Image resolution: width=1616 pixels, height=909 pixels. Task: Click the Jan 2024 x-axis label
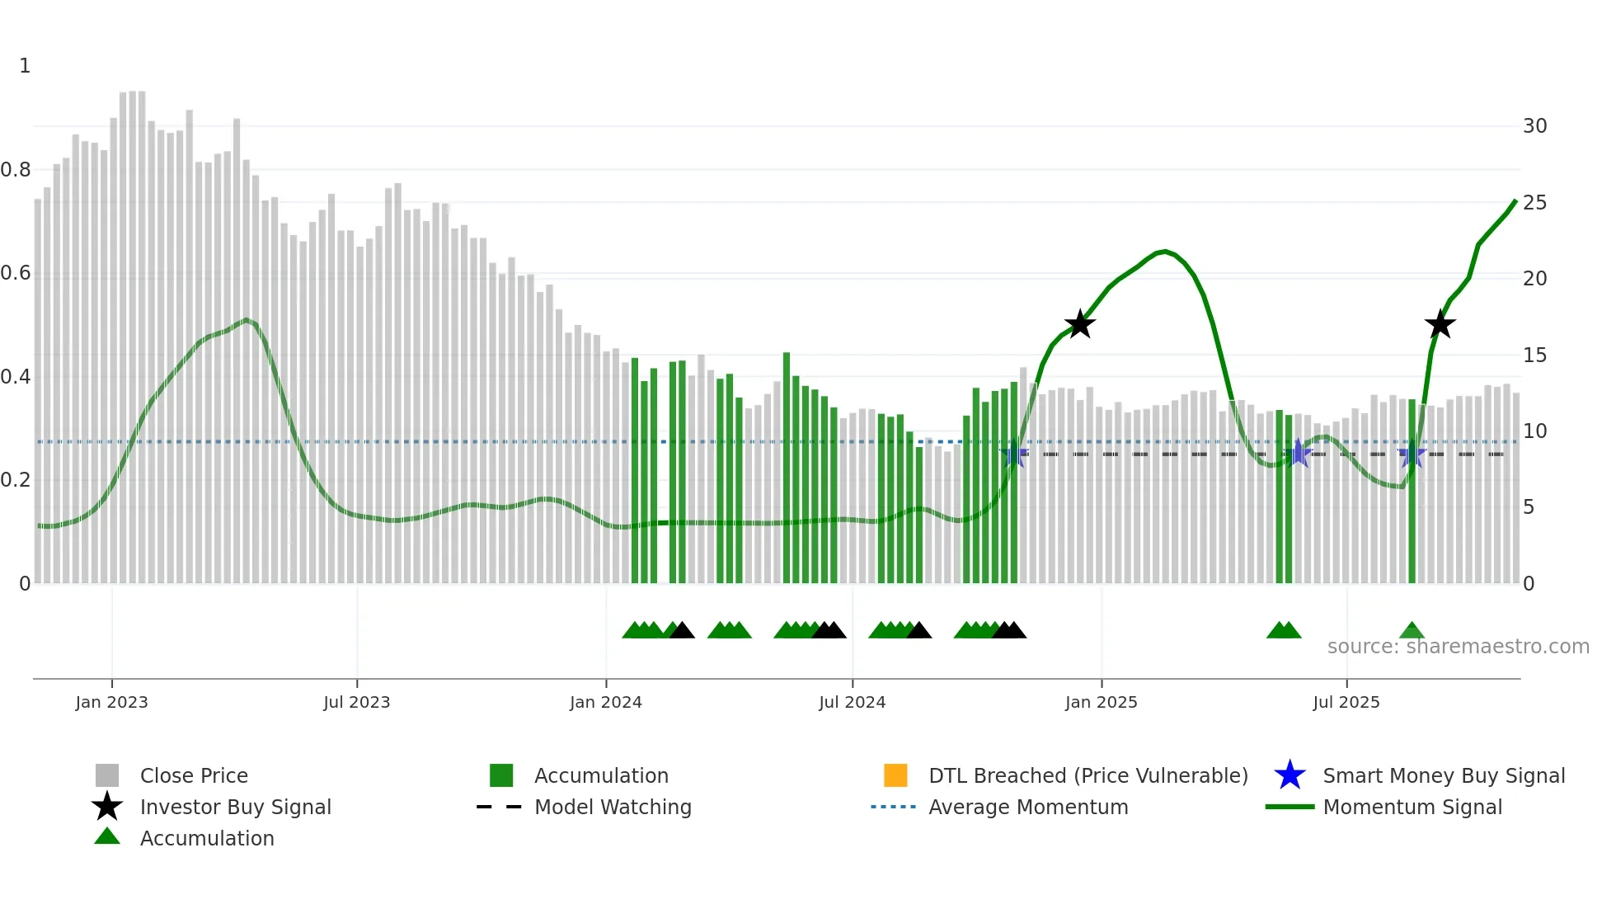click(x=605, y=702)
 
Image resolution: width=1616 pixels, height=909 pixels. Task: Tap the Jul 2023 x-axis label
click(x=356, y=702)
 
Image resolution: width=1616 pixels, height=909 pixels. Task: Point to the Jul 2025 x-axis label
click(x=1346, y=702)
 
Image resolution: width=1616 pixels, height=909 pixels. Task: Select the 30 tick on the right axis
click(x=1534, y=126)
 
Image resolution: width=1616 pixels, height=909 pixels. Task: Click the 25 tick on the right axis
click(x=1534, y=202)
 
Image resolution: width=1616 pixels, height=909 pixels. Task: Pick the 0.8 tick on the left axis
click(x=16, y=170)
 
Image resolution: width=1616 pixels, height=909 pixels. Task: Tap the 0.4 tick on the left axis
click(x=16, y=377)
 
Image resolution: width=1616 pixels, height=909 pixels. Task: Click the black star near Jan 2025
click(x=1079, y=324)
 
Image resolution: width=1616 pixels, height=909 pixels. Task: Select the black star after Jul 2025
click(x=1440, y=324)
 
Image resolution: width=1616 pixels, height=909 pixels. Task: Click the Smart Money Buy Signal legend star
click(x=1290, y=775)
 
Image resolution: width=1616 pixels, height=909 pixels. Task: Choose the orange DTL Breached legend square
click(x=895, y=775)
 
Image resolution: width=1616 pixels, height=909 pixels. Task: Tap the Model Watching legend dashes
click(x=499, y=807)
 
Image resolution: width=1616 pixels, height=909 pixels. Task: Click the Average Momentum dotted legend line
click(x=893, y=807)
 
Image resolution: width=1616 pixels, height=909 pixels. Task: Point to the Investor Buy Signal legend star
click(x=107, y=807)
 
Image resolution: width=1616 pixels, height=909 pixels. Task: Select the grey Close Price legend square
click(x=107, y=775)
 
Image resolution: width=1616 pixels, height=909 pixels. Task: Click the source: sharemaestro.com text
click(x=1458, y=647)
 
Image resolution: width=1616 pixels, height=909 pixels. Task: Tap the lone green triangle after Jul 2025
click(x=1412, y=631)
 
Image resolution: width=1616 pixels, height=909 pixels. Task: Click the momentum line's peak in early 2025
click(x=1163, y=251)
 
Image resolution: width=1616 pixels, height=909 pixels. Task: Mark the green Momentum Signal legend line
click(x=1290, y=807)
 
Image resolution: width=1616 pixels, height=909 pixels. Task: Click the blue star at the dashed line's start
click(x=1013, y=454)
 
